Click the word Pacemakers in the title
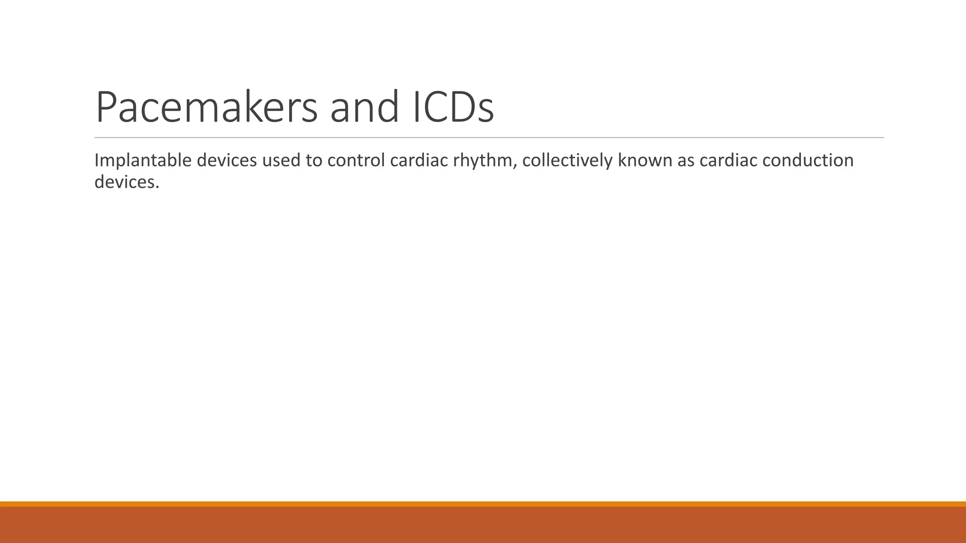pyautogui.click(x=207, y=107)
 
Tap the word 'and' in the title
pyautogui.click(x=365, y=107)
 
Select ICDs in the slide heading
pyautogui.click(x=453, y=107)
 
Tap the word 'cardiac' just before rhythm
pyautogui.click(x=419, y=161)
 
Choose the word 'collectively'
pyautogui.click(x=567, y=161)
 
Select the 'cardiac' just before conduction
pyautogui.click(x=728, y=161)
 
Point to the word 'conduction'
pyautogui.click(x=808, y=161)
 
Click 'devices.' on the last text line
pyautogui.click(x=127, y=182)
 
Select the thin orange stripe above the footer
pyautogui.click(x=483, y=504)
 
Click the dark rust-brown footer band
pyautogui.click(x=483, y=525)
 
